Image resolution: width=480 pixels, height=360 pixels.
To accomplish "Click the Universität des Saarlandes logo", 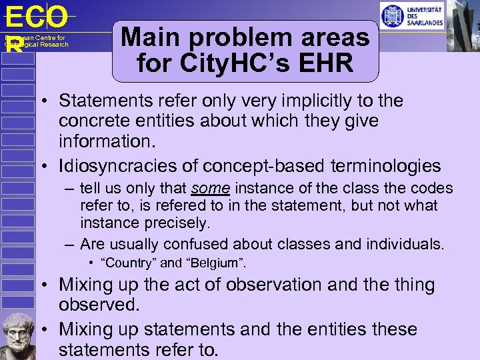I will point(411,15).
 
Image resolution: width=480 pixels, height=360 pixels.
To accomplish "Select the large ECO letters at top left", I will point(36,17).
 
